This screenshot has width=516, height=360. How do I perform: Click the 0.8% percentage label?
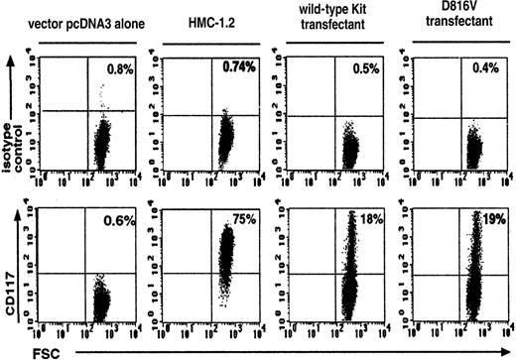pos(120,68)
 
